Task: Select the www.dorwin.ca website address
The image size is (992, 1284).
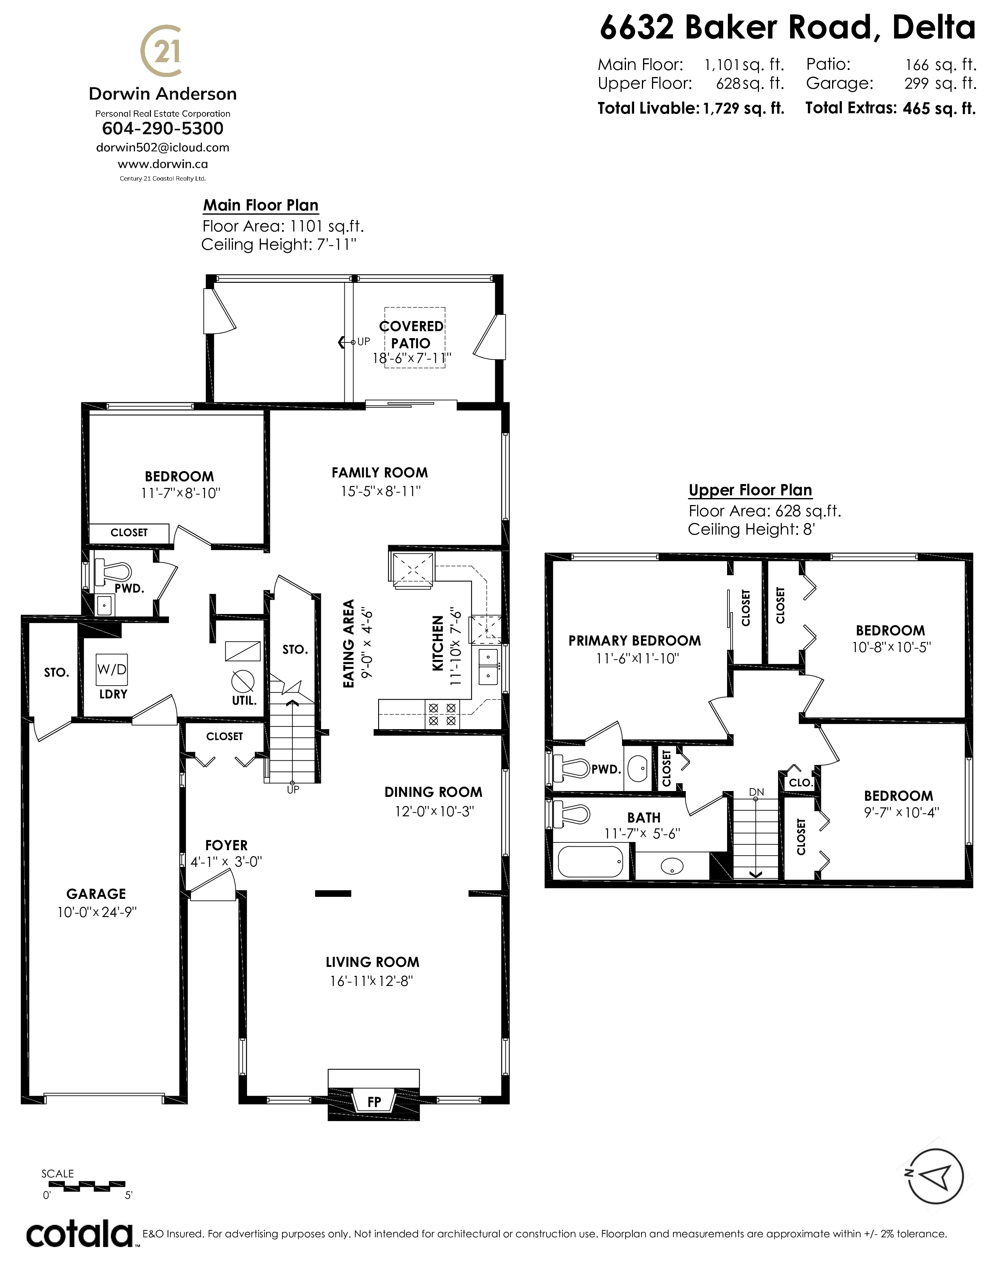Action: pyautogui.click(x=163, y=164)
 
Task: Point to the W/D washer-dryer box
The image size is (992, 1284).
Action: pyautogui.click(x=112, y=669)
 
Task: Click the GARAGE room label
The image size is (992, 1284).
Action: pyautogui.click(x=96, y=894)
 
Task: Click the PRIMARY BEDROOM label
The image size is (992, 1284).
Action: pyautogui.click(x=635, y=641)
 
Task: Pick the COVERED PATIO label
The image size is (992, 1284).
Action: pyautogui.click(x=411, y=335)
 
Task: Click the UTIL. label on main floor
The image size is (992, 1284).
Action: pyautogui.click(x=244, y=701)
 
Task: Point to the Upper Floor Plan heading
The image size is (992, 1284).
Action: pyautogui.click(x=750, y=490)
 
